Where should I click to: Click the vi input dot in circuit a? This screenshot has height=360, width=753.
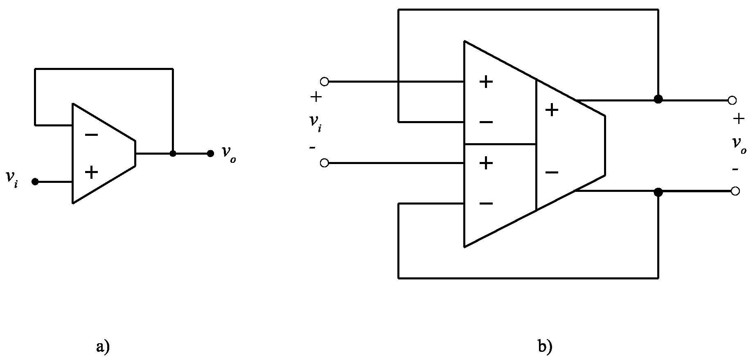point(35,181)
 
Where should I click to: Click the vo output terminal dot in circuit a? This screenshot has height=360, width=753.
point(210,153)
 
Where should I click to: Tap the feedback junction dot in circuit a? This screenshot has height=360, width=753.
point(173,153)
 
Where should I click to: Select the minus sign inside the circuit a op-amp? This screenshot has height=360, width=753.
point(91,135)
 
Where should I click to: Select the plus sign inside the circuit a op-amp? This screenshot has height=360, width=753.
point(91,172)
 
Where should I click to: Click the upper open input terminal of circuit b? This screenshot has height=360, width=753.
point(324,81)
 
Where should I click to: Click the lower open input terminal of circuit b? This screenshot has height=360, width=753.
point(324,163)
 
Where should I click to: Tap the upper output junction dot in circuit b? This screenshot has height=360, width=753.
point(658,99)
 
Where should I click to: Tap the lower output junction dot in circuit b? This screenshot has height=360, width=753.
point(658,191)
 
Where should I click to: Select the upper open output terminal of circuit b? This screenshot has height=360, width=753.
point(733,100)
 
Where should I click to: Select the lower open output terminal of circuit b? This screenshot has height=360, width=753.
point(735,191)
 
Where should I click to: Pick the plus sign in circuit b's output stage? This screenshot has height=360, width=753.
point(552,110)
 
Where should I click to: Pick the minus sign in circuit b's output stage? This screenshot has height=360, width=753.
point(552,172)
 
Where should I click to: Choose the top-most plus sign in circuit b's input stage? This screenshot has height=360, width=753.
point(486,82)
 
